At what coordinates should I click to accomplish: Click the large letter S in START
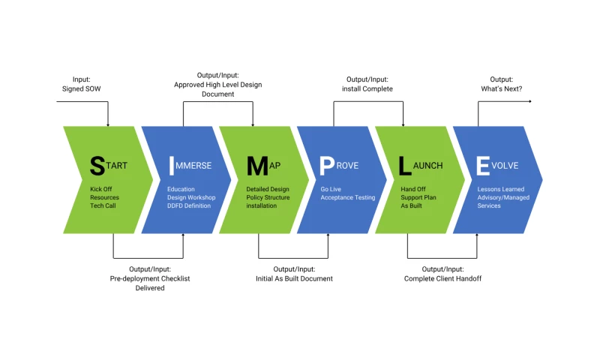pyautogui.click(x=97, y=165)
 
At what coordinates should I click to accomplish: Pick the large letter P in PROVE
pyautogui.click(x=327, y=165)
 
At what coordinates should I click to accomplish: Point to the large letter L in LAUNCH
pyautogui.click(x=405, y=165)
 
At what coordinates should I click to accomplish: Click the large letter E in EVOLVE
pyautogui.click(x=484, y=165)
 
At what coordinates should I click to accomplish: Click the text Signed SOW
pyautogui.click(x=82, y=88)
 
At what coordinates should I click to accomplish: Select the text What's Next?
pyautogui.click(x=502, y=88)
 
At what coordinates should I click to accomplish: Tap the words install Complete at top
pyautogui.click(x=367, y=88)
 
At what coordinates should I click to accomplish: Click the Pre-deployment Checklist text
pyautogui.click(x=150, y=278)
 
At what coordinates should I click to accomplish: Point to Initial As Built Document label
pyautogui.click(x=294, y=278)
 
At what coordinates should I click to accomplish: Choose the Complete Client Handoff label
pyautogui.click(x=442, y=278)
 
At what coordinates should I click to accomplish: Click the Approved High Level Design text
pyautogui.click(x=218, y=85)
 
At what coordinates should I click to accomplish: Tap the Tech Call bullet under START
pyautogui.click(x=104, y=205)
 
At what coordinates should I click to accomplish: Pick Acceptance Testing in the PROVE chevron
pyautogui.click(x=348, y=197)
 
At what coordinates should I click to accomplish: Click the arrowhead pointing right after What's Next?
pyautogui.click(x=529, y=100)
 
